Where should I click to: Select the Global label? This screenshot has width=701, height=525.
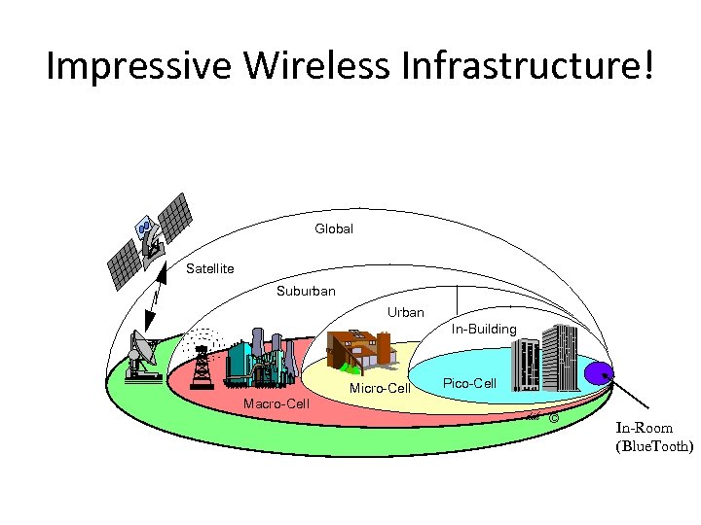tap(334, 229)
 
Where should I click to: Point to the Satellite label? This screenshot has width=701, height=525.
tap(209, 268)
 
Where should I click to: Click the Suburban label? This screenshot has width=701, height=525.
tap(306, 291)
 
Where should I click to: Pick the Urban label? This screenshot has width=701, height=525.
tap(406, 312)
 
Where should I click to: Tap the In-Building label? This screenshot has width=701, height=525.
tap(484, 330)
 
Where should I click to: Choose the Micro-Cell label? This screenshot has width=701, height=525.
tap(379, 389)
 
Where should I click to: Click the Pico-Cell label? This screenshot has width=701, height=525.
tap(469, 383)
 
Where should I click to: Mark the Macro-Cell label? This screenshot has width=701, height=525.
tap(277, 402)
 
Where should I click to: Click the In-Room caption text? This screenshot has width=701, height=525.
tap(644, 428)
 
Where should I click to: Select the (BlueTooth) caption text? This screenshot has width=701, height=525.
tap(653, 447)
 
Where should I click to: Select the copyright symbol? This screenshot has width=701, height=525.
tap(553, 418)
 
